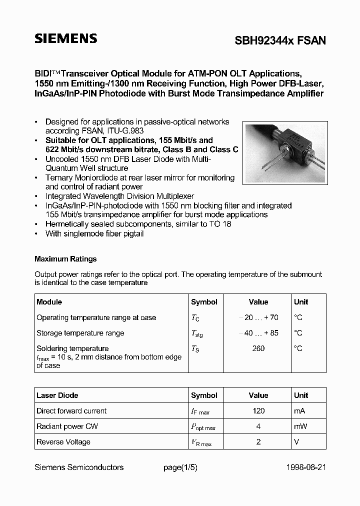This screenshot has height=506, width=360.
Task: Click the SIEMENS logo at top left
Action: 65,39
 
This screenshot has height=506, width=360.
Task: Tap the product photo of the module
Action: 285,152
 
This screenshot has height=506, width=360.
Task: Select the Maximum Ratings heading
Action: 65,259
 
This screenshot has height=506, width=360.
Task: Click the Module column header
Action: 49,302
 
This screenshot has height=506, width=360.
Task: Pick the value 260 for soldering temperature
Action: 258,348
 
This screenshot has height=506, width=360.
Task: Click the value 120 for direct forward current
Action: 258,411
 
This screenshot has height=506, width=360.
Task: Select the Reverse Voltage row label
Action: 63,442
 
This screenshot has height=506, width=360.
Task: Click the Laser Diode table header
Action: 57,395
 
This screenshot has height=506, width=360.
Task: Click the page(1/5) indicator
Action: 180,467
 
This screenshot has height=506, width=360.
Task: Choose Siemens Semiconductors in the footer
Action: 79,467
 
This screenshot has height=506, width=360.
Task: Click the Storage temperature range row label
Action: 80,333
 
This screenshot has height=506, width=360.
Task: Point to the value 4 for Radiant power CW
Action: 258,426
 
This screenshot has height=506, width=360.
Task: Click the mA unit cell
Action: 300,411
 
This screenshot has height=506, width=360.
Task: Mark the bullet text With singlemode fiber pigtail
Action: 94,233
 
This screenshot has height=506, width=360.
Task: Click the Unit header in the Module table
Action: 301,302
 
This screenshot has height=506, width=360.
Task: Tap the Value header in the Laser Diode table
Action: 258,395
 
